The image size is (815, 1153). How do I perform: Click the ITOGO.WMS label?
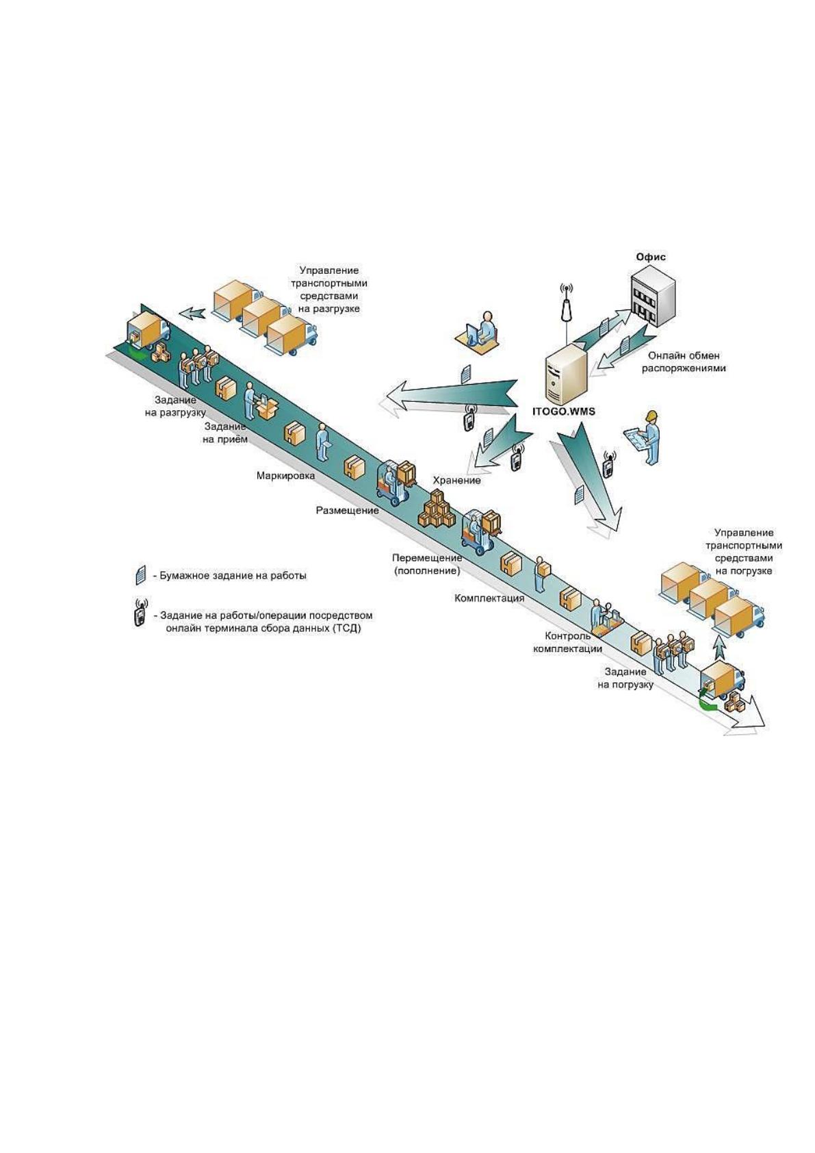click(563, 411)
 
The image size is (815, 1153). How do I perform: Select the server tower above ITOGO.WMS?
click(567, 374)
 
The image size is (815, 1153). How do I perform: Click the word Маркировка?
click(285, 476)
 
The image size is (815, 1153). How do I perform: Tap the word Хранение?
click(456, 480)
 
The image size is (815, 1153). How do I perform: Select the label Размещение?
click(348, 511)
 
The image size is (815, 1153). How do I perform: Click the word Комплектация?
click(489, 598)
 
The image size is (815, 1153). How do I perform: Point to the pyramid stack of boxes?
click(437, 509)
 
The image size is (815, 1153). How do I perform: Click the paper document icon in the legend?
click(140, 575)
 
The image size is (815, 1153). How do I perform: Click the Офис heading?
click(650, 257)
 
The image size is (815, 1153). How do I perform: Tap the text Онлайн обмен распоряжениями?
click(684, 362)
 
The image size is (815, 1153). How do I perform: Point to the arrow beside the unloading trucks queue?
click(192, 312)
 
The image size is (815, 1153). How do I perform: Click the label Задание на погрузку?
click(625, 678)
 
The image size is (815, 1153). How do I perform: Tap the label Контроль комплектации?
click(567, 642)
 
